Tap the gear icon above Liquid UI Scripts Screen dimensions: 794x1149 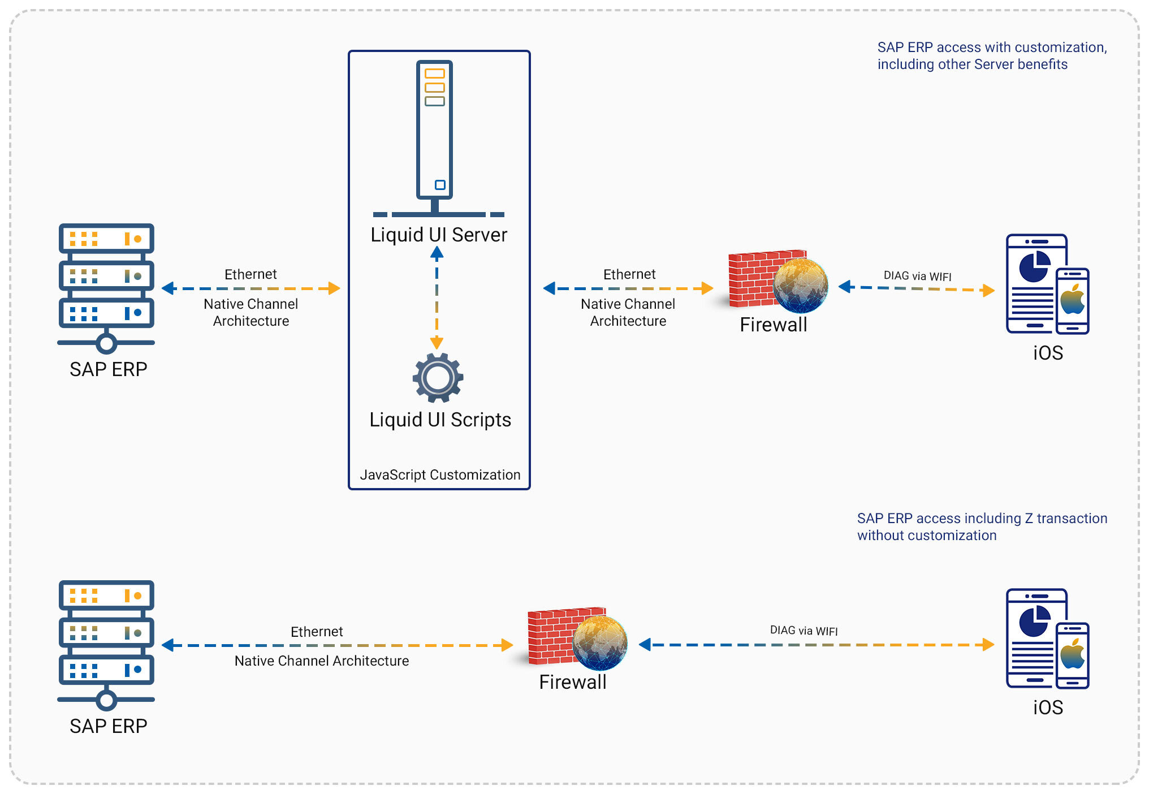[x=438, y=378]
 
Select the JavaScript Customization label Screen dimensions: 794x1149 [x=440, y=475]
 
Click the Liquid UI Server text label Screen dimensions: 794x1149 [x=439, y=235]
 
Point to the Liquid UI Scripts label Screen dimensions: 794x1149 [x=440, y=420]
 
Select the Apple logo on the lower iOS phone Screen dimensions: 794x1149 [x=1073, y=654]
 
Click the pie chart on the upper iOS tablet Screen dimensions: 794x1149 [x=1034, y=267]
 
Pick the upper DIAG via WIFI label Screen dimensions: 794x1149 [x=917, y=276]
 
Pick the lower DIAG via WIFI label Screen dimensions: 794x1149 [x=804, y=631]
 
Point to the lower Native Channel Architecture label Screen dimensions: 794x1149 [x=321, y=661]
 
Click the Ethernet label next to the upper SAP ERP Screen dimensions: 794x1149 [x=250, y=274]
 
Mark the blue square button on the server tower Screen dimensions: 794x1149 [x=440, y=185]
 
